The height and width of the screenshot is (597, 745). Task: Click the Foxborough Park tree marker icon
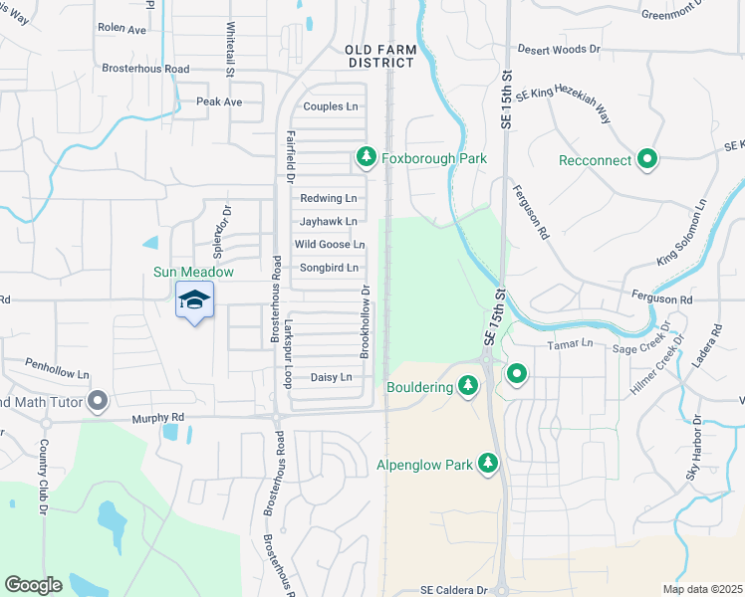367,157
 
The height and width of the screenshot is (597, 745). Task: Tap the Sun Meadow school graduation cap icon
195,298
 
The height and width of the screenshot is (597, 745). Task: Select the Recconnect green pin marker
647,159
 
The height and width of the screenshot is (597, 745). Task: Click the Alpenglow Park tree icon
488,464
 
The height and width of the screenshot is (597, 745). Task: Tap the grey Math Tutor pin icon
98,402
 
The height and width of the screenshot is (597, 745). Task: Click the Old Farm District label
378,55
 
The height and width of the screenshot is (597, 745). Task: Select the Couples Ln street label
330,106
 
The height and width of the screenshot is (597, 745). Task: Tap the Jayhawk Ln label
328,221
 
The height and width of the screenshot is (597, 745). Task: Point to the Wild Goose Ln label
329,245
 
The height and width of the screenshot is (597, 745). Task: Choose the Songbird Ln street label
328,269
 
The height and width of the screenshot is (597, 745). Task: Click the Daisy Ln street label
332,377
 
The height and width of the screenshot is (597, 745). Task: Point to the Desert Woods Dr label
559,48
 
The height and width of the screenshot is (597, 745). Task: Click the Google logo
33,584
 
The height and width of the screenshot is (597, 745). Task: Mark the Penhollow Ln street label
57,364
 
